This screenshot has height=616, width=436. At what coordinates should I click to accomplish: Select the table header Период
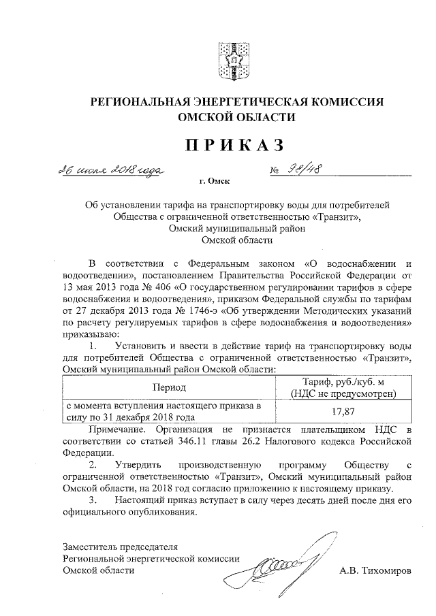tap(170, 387)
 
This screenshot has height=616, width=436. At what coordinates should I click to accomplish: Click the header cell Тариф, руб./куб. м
tap(342, 381)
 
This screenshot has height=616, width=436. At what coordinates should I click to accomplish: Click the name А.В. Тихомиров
tap(375, 570)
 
